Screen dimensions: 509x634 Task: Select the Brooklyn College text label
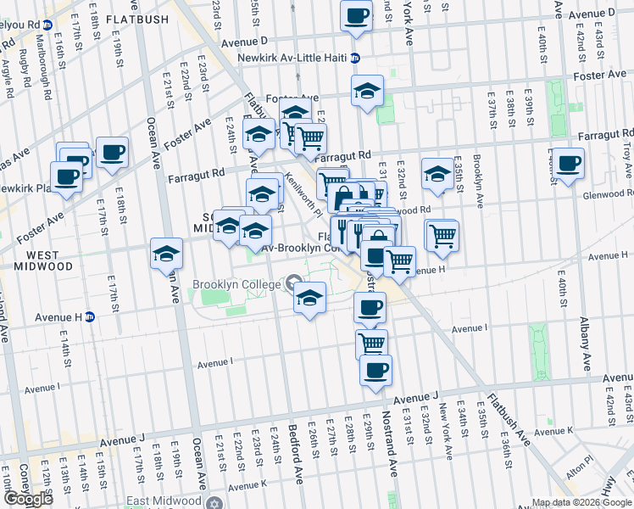[236, 285]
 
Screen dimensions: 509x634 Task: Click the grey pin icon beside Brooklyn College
[294, 283]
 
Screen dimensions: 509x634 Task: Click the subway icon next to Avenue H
[89, 317]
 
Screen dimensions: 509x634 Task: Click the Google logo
[28, 499]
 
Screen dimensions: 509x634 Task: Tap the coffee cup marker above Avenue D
[356, 14]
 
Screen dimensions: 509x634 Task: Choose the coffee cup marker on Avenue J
[375, 370]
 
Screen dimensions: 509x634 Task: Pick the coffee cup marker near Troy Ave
[567, 162]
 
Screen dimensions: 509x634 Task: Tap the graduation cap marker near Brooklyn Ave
[437, 175]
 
